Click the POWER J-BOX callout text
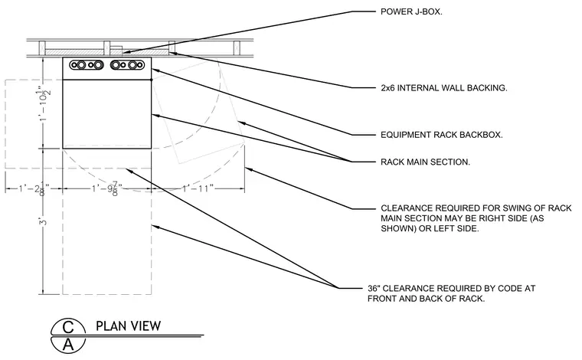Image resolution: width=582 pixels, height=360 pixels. pyautogui.click(x=411, y=11)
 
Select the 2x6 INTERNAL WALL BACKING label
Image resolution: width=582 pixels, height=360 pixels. pyautogui.click(x=444, y=88)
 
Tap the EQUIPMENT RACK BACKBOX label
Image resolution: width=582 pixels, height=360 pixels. pyautogui.click(x=442, y=135)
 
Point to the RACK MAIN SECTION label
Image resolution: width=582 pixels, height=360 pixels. pyautogui.click(x=425, y=162)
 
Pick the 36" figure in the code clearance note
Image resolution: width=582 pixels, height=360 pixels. pyautogui.click(x=374, y=288)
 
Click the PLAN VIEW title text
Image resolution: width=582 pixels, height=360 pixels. pyautogui.click(x=129, y=326)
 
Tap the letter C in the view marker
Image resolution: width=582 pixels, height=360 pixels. pyautogui.click(x=68, y=327)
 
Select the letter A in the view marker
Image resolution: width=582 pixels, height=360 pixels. pyautogui.click(x=68, y=345)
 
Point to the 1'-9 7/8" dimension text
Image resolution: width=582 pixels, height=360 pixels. pyautogui.click(x=106, y=189)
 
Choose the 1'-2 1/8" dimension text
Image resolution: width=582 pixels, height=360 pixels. pyautogui.click(x=34, y=189)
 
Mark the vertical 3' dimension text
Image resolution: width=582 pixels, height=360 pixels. pyautogui.click(x=44, y=222)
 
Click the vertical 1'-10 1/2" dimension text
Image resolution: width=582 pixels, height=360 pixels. pyautogui.click(x=44, y=106)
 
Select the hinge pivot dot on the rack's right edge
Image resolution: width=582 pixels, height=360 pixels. pyautogui.click(x=151, y=80)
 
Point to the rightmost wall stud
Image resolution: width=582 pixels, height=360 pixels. pyautogui.click(x=237, y=48)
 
